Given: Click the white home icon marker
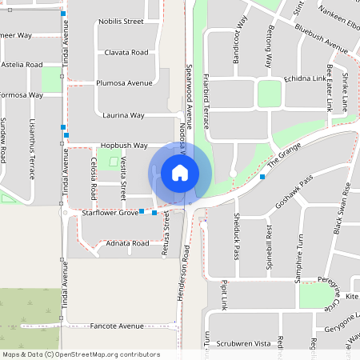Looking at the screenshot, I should click(x=180, y=172).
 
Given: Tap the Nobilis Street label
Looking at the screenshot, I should click(x=121, y=22).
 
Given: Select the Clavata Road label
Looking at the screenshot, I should click(x=126, y=52).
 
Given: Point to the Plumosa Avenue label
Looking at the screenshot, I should click(x=124, y=82).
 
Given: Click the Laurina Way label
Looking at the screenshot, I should click(x=123, y=115).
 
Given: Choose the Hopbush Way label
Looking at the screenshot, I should click(x=124, y=146).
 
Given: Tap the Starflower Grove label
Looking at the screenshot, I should click(x=110, y=213).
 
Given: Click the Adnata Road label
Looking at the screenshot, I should click(x=127, y=242).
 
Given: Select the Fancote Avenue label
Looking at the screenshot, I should click(x=116, y=326).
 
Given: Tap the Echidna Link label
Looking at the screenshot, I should click(x=305, y=79).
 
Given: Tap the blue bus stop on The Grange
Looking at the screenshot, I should click(x=262, y=176).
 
